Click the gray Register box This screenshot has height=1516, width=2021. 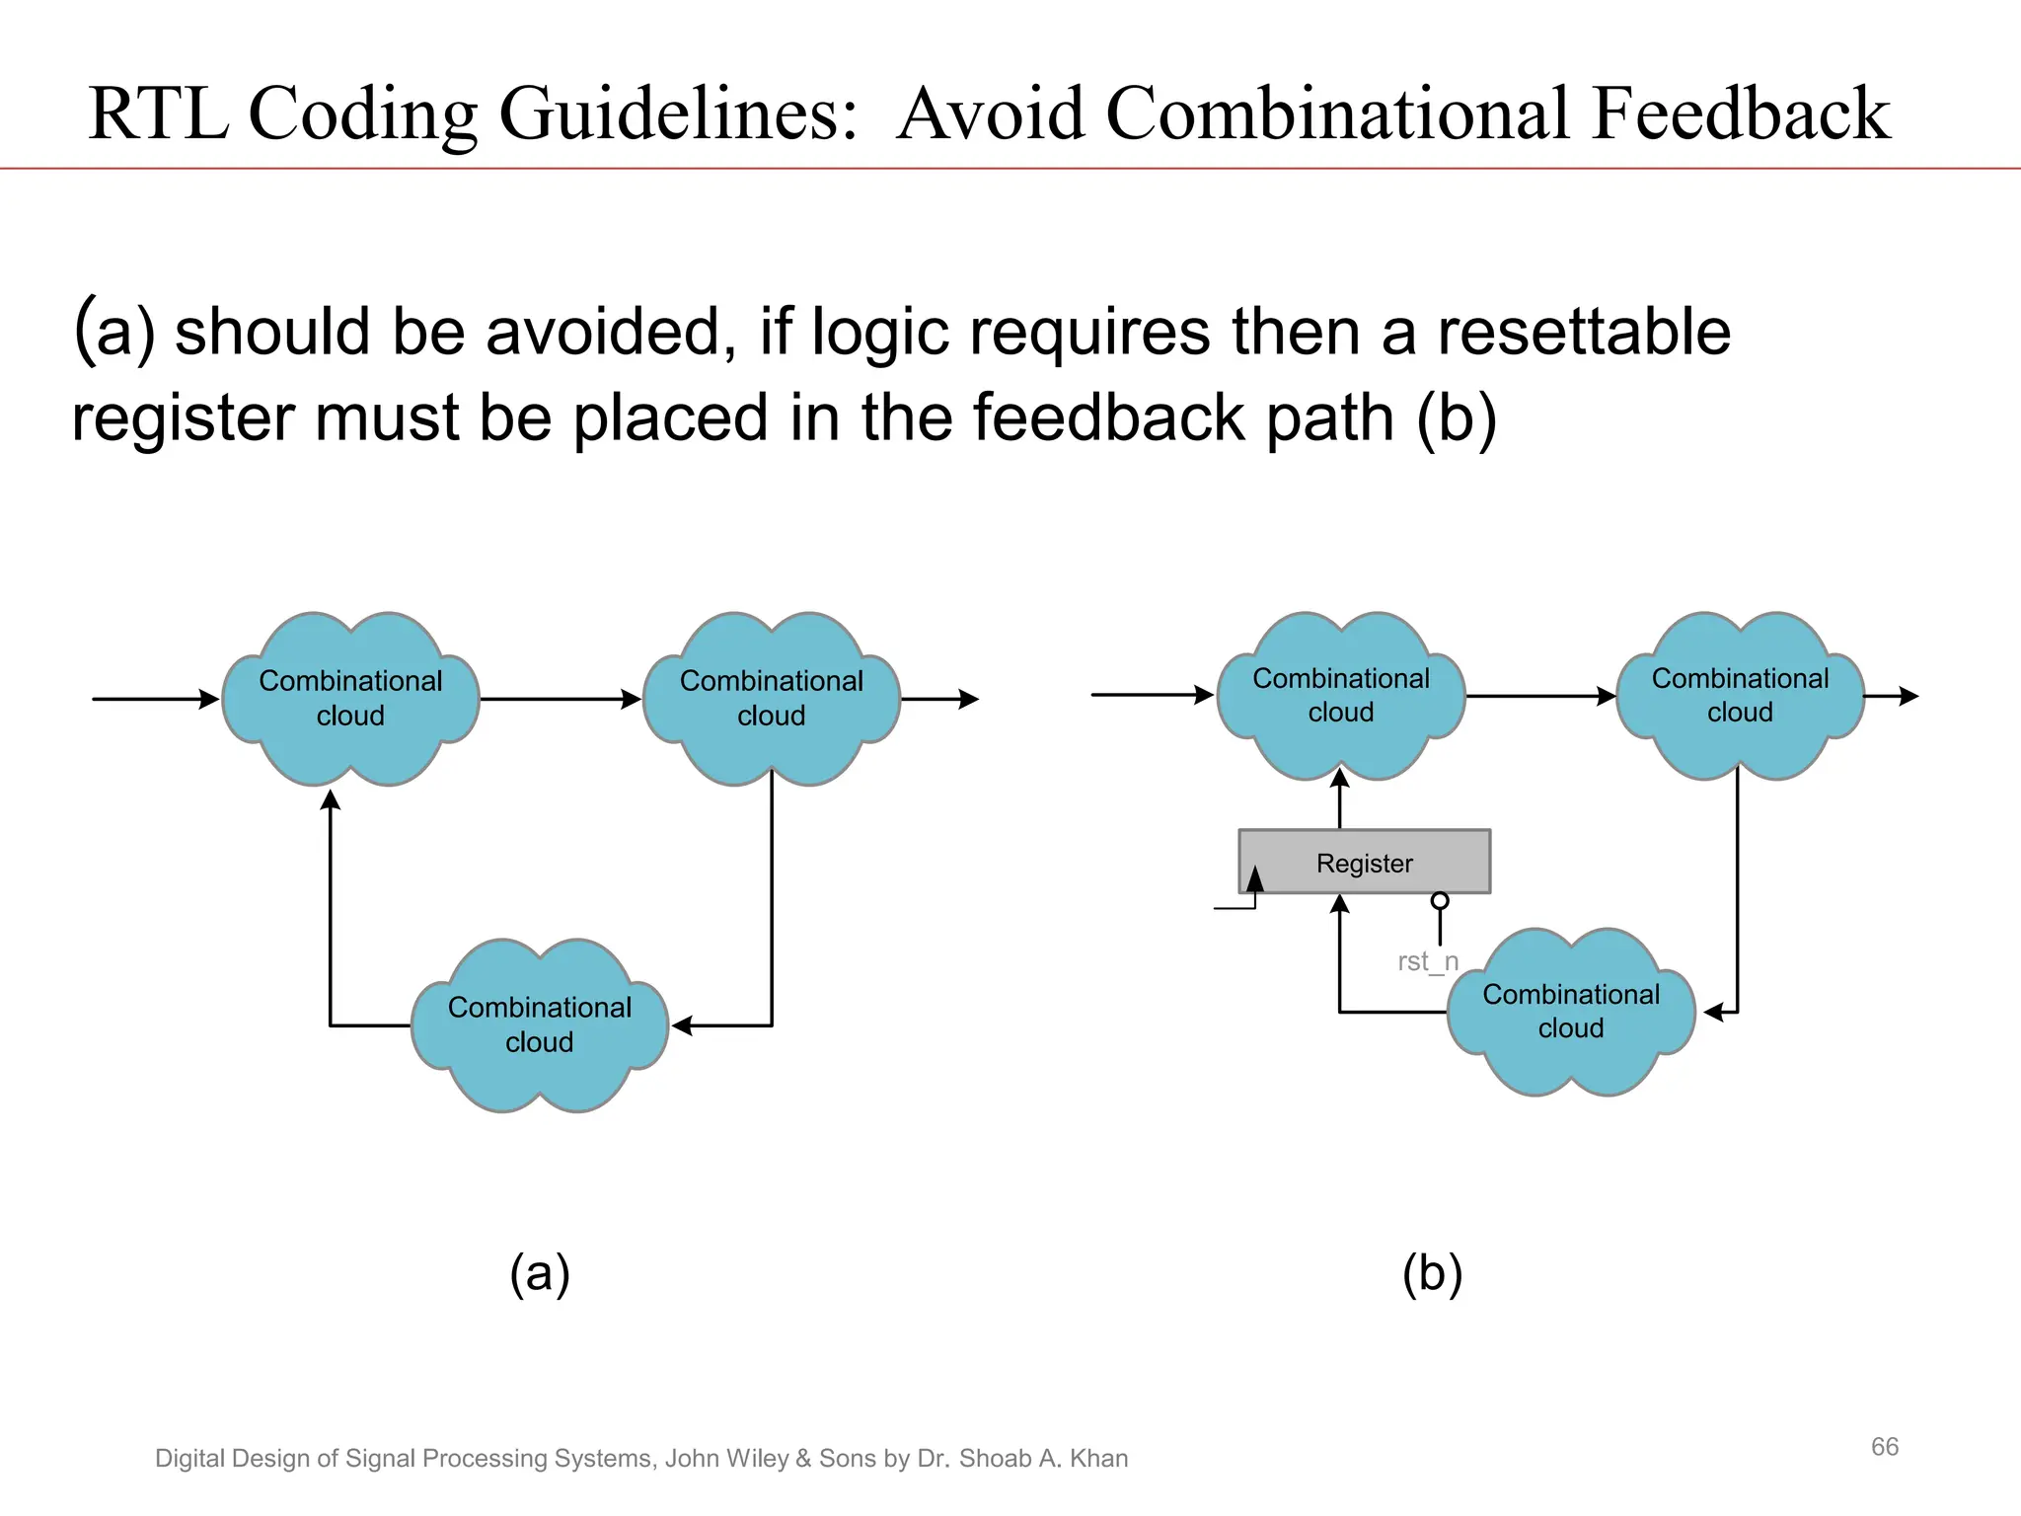pos(1364,862)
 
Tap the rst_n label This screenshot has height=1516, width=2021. pos(1427,960)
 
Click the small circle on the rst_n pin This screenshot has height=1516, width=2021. pos(1440,900)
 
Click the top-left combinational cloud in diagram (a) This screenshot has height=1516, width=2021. pos(350,698)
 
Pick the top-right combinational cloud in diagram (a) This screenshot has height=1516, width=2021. pos(771,698)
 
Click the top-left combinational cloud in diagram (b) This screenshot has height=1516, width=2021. pos(1341,695)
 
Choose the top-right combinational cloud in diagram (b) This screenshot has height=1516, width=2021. pos(1740,695)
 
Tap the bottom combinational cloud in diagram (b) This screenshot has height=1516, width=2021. pos(1571,1011)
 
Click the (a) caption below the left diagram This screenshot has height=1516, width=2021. pos(540,1273)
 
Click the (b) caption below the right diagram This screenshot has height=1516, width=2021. pos(1432,1273)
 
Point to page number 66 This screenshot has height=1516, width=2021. pos(1884,1447)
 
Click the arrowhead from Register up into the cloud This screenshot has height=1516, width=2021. pos(1340,778)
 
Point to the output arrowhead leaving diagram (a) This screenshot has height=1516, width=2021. pos(970,699)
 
